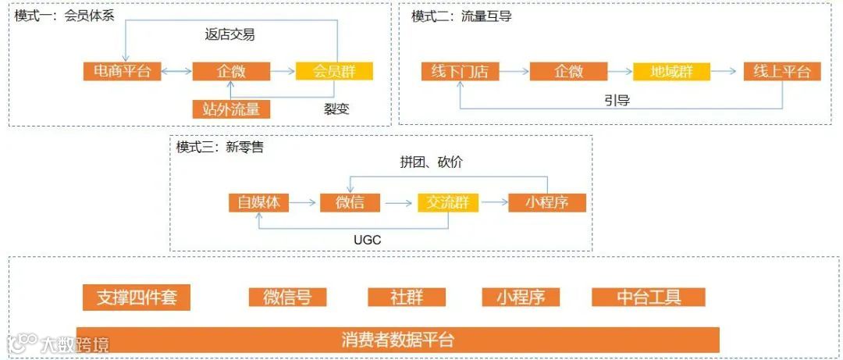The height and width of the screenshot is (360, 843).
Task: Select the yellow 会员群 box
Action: click(334, 71)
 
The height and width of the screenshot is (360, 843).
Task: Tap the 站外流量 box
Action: click(231, 109)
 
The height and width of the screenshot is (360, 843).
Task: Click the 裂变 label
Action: click(336, 109)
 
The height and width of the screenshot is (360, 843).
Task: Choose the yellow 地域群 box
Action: click(672, 71)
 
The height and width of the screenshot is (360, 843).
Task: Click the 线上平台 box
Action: click(781, 71)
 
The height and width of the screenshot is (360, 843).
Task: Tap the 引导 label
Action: click(617, 100)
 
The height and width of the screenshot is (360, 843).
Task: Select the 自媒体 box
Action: click(258, 202)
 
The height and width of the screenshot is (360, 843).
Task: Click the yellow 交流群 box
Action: click(448, 202)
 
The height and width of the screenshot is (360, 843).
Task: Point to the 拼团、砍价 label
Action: click(431, 162)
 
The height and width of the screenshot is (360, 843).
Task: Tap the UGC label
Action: click(367, 240)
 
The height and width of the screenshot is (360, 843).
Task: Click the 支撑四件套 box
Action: click(137, 298)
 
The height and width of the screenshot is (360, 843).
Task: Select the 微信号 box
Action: click(287, 297)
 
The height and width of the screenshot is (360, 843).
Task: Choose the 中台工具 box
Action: click(649, 297)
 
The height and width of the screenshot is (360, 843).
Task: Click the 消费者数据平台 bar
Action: click(397, 340)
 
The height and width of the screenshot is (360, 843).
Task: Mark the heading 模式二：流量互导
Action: click(461, 16)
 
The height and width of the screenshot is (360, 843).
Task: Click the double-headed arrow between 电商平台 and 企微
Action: click(179, 72)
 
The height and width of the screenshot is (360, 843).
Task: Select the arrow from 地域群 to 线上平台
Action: click(725, 71)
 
